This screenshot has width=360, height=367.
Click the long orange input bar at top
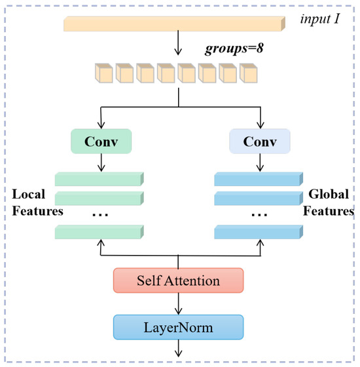tap(173, 24)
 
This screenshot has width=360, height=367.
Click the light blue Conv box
tap(260, 140)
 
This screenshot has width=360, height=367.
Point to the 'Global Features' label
tap(329, 204)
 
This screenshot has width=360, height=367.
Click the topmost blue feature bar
tap(259, 179)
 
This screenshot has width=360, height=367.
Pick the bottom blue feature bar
tap(259, 231)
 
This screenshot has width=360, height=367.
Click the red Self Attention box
tap(179, 280)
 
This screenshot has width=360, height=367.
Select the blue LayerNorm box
tap(179, 326)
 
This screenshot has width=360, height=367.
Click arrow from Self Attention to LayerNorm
tap(179, 303)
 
